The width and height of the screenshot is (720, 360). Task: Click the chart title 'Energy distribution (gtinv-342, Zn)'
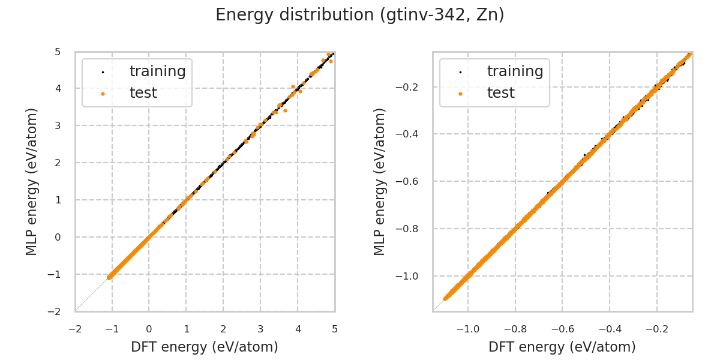360,15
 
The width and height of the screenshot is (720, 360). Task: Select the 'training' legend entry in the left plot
157,71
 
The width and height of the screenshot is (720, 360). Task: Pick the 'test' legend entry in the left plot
143,93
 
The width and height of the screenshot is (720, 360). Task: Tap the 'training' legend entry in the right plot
515,71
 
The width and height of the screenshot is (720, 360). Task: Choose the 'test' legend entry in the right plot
500,93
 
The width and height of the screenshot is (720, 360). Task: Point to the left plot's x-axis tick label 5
335,329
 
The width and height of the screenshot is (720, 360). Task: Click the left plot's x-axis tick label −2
75,329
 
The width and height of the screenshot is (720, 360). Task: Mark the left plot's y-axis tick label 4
58,88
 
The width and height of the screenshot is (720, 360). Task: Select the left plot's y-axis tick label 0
58,237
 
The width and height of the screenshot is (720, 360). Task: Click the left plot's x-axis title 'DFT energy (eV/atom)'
205,347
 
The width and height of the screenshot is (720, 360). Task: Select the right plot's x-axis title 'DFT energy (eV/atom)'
562,347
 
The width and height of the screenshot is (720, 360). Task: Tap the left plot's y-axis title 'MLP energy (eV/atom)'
32,181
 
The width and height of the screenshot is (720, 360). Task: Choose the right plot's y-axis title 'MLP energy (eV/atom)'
380,181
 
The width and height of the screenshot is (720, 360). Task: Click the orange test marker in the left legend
103,94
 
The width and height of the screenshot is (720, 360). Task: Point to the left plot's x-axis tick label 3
260,329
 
